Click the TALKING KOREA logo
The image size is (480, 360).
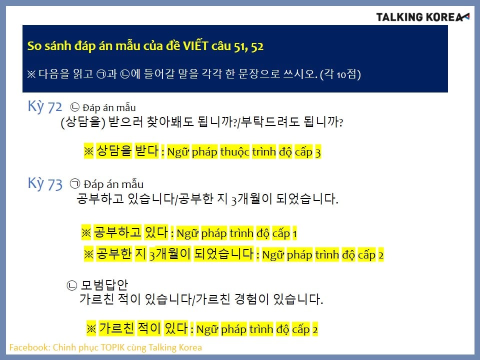point(422,17)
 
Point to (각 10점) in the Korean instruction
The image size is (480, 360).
point(340,74)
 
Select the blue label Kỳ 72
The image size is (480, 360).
point(44,106)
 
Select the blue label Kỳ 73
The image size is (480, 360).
point(45,183)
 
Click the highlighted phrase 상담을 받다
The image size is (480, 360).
point(127,150)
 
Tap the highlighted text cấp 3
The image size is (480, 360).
point(307,152)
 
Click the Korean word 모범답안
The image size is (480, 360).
point(104,285)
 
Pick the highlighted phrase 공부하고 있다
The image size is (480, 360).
point(130,232)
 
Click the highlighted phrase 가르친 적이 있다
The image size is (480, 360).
point(143,328)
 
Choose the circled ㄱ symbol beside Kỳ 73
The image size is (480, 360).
point(75,183)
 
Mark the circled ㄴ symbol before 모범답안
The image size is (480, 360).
point(71,285)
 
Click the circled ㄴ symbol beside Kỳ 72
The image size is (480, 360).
point(75,107)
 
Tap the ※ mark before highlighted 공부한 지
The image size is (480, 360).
point(89,254)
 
